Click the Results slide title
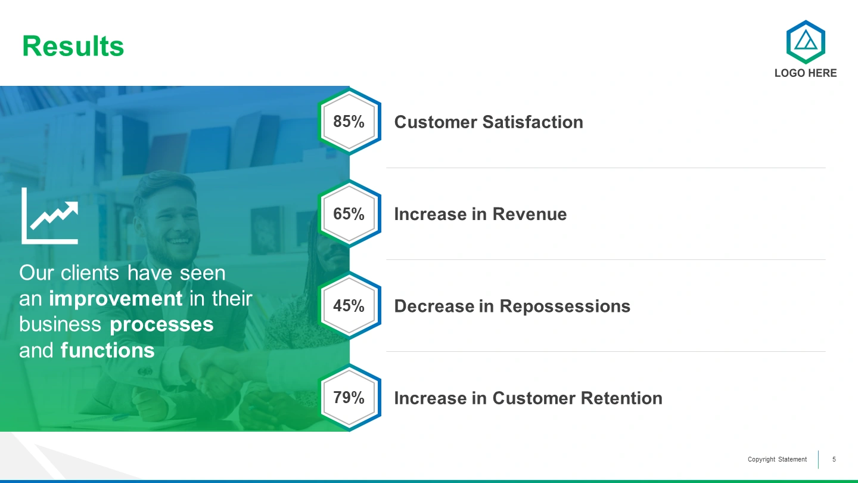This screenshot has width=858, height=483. click(73, 47)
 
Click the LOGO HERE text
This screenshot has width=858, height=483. click(806, 73)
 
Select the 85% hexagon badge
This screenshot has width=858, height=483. click(349, 122)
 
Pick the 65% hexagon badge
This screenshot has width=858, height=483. click(349, 213)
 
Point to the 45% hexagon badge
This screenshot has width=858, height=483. click(349, 305)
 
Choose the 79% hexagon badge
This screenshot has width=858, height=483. click(349, 398)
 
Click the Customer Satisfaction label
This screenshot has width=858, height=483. click(489, 122)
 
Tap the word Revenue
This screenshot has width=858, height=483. click(529, 214)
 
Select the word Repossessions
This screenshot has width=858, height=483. click(565, 306)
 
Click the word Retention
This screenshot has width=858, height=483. click(621, 398)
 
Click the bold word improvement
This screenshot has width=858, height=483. click(116, 299)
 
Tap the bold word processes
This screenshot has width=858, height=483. click(161, 325)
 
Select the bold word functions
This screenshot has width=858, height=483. click(108, 350)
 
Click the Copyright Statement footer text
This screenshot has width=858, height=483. click(777, 459)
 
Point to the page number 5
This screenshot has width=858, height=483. click(834, 459)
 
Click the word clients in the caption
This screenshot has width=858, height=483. click(90, 273)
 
